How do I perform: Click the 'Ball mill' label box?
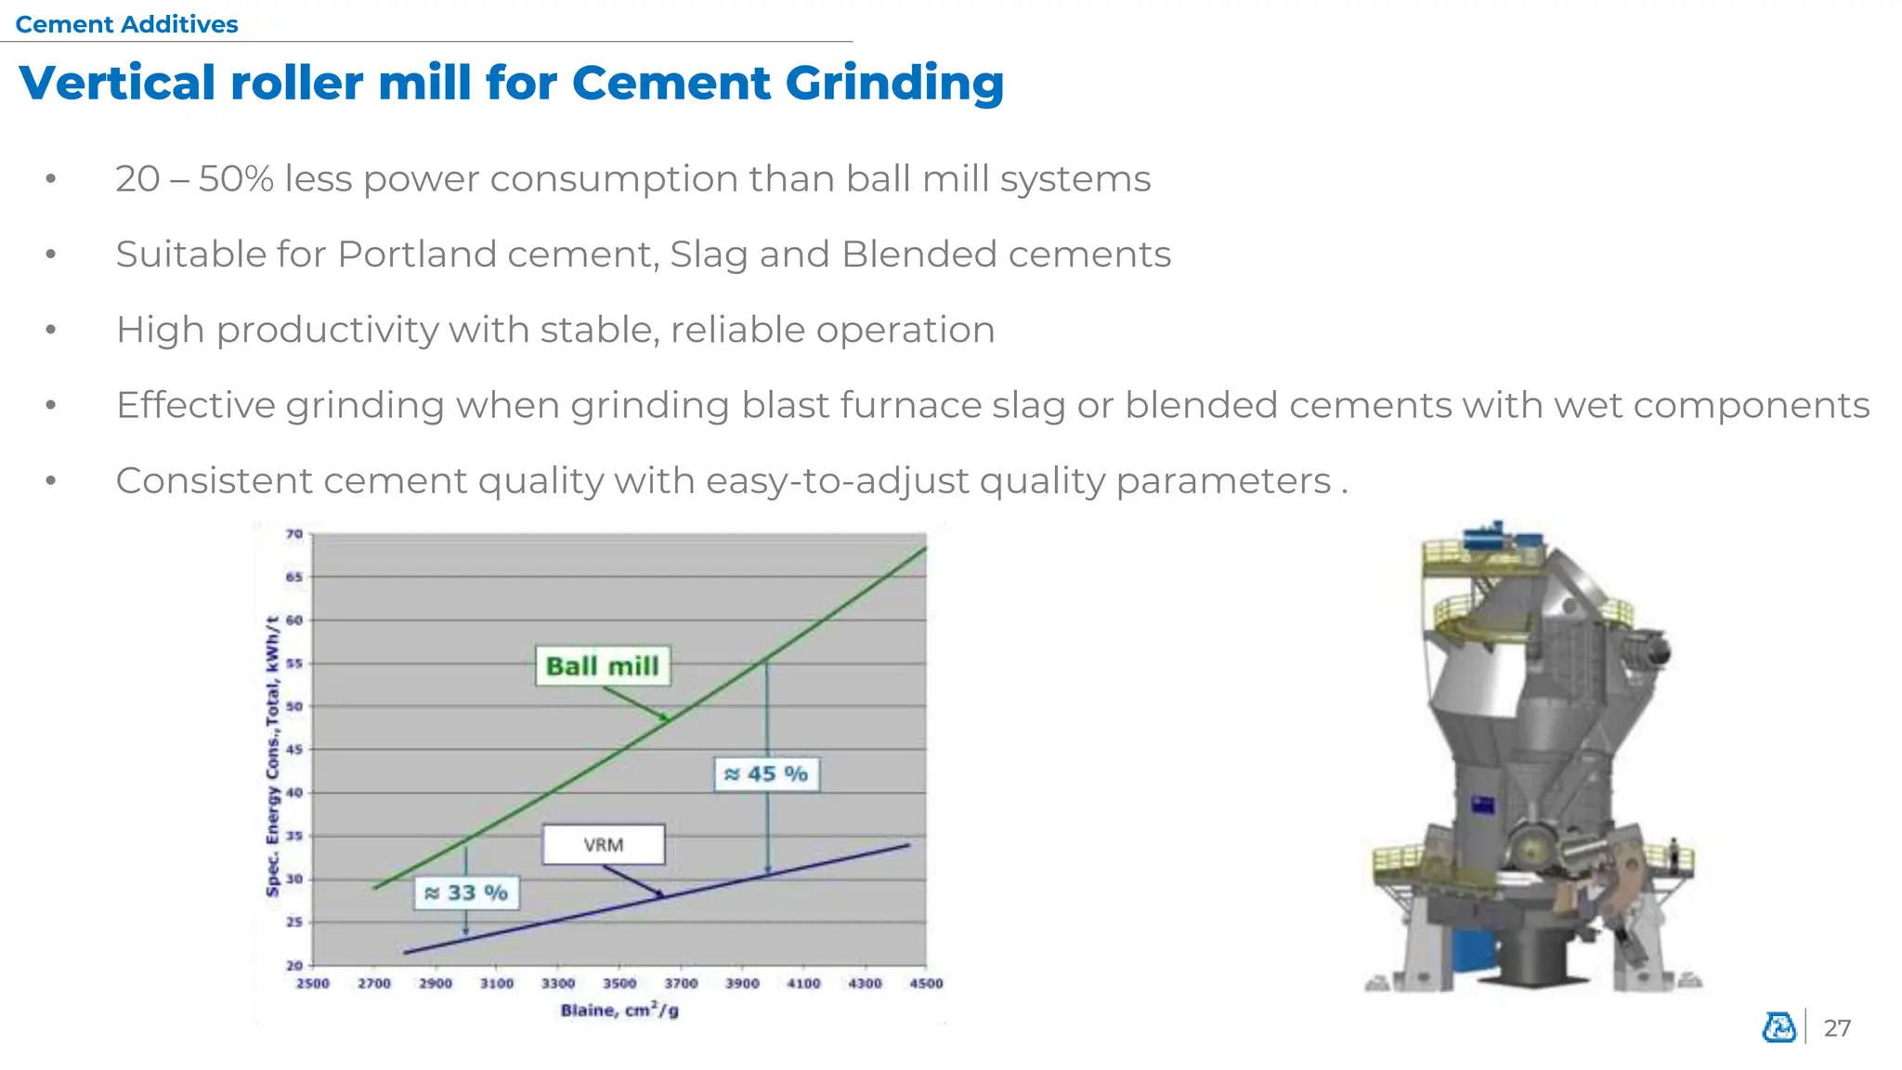coord(603,666)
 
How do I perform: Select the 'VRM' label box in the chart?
coord(604,844)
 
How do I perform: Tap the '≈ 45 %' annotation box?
coord(766,774)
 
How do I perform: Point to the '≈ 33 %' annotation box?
coord(466,893)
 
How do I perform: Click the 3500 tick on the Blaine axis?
coord(619,984)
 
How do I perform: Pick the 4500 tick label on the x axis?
coord(926,984)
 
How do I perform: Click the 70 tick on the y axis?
coord(294,534)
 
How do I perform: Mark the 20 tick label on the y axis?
coord(294,966)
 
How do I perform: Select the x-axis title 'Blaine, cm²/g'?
coord(619,1011)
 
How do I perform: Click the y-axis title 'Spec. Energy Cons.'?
coord(272,757)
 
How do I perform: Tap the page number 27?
coord(1837,1028)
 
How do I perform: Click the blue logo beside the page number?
coord(1779,1027)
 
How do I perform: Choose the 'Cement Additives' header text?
coord(127,24)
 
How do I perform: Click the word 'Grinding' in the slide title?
coord(894,84)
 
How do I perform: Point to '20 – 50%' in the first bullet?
coord(194,178)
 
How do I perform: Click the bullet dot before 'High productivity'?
coord(51,330)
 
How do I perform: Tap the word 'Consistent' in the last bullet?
coord(213,481)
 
